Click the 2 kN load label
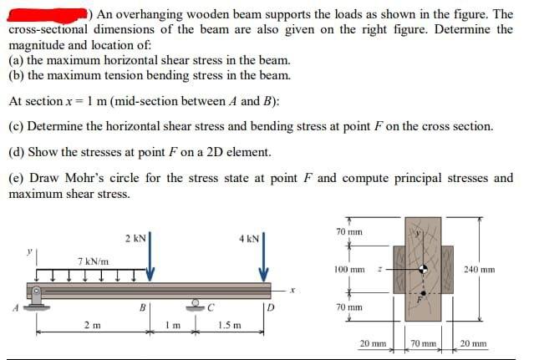coord(136,239)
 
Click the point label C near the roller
coord(213,306)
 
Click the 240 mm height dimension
coord(504,269)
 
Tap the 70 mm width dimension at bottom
coord(423,343)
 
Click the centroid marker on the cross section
coord(425,269)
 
